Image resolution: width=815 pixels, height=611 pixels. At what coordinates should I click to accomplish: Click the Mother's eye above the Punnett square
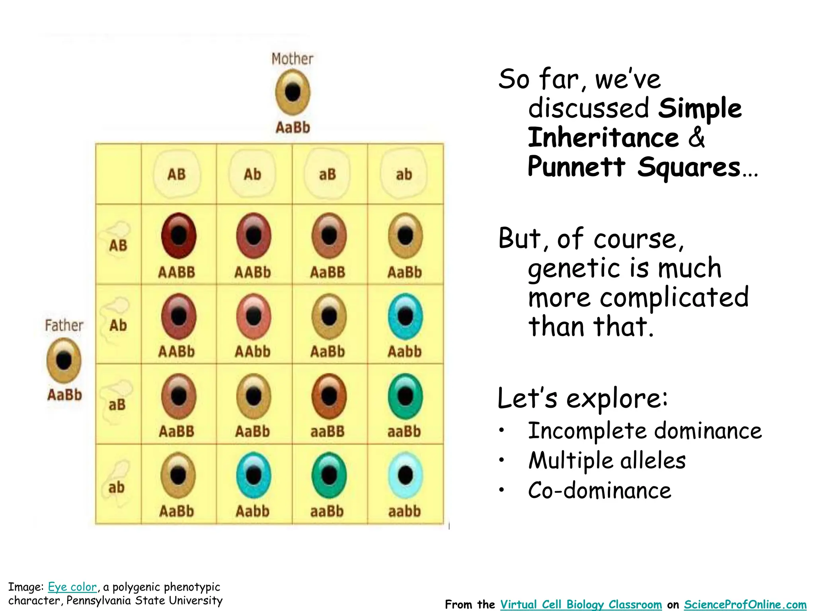click(292, 92)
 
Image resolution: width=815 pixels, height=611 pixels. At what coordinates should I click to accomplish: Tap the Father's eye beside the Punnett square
click(64, 360)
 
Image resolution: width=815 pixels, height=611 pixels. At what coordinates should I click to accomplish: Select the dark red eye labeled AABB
click(179, 236)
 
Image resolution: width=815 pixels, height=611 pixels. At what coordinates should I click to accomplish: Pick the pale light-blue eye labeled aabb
click(405, 475)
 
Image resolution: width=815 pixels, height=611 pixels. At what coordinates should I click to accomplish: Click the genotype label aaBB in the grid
click(328, 431)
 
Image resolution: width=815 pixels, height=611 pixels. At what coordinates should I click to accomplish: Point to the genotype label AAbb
click(252, 352)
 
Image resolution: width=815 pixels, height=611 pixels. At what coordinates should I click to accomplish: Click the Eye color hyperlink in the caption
click(72, 587)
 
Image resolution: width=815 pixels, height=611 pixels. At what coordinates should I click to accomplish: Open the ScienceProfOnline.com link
click(745, 604)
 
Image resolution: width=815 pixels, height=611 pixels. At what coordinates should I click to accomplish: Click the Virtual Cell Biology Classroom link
click(581, 604)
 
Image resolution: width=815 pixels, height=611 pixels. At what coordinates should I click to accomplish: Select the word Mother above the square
click(292, 59)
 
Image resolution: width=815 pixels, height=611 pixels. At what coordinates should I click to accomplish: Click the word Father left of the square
click(64, 325)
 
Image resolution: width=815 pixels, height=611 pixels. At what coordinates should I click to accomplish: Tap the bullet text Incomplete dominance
click(645, 431)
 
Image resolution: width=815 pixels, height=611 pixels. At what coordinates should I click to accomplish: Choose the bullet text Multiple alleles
click(607, 461)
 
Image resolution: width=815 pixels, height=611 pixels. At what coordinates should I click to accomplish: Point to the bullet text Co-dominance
click(600, 490)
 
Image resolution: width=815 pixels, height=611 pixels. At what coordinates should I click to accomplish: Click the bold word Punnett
click(577, 166)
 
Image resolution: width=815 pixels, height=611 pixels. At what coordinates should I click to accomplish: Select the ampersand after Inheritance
click(696, 137)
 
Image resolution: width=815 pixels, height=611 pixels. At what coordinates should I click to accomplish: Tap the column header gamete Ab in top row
click(252, 174)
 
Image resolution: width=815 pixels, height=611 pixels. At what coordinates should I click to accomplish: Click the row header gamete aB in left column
click(117, 405)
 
